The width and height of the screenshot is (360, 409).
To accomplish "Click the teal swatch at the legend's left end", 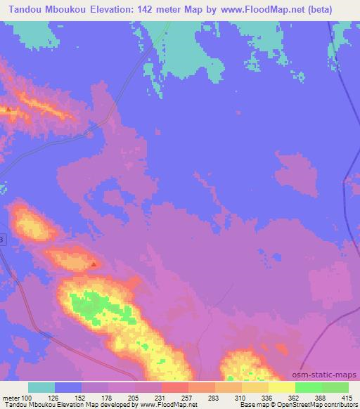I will pos(41,387).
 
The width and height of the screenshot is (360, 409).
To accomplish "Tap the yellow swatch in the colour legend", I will pos(281,387).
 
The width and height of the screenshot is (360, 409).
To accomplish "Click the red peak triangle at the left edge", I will pos(8,109).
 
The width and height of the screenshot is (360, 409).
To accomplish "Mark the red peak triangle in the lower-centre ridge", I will pos(95,264).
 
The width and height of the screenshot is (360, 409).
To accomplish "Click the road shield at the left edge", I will pos(2,240).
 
